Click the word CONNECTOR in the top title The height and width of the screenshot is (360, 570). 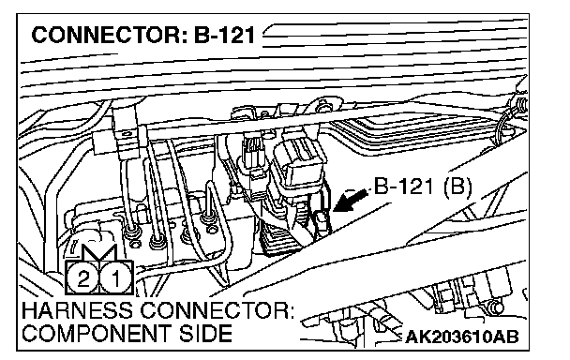point(105,36)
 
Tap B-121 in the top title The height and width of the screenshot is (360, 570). point(224,36)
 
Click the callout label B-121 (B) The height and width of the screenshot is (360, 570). point(423,187)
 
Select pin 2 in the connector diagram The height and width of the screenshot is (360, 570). point(82,279)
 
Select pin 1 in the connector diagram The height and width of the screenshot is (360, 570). point(115,279)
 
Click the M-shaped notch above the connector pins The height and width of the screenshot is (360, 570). point(98,252)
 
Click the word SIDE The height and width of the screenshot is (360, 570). point(205,334)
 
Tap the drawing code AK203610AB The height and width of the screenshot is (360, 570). point(461,337)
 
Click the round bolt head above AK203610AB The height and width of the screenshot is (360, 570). point(496,308)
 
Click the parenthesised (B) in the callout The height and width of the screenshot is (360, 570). point(457,187)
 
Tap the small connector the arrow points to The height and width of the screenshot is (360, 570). point(322,222)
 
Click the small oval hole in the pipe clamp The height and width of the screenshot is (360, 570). point(127,134)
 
